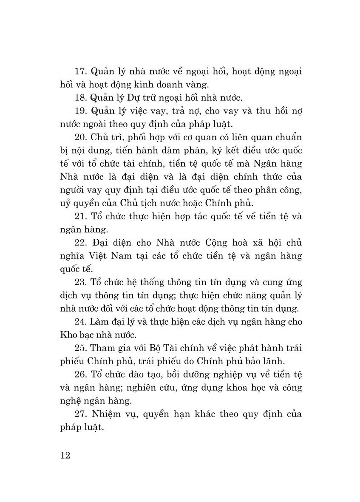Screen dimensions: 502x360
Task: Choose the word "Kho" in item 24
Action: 68,335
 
